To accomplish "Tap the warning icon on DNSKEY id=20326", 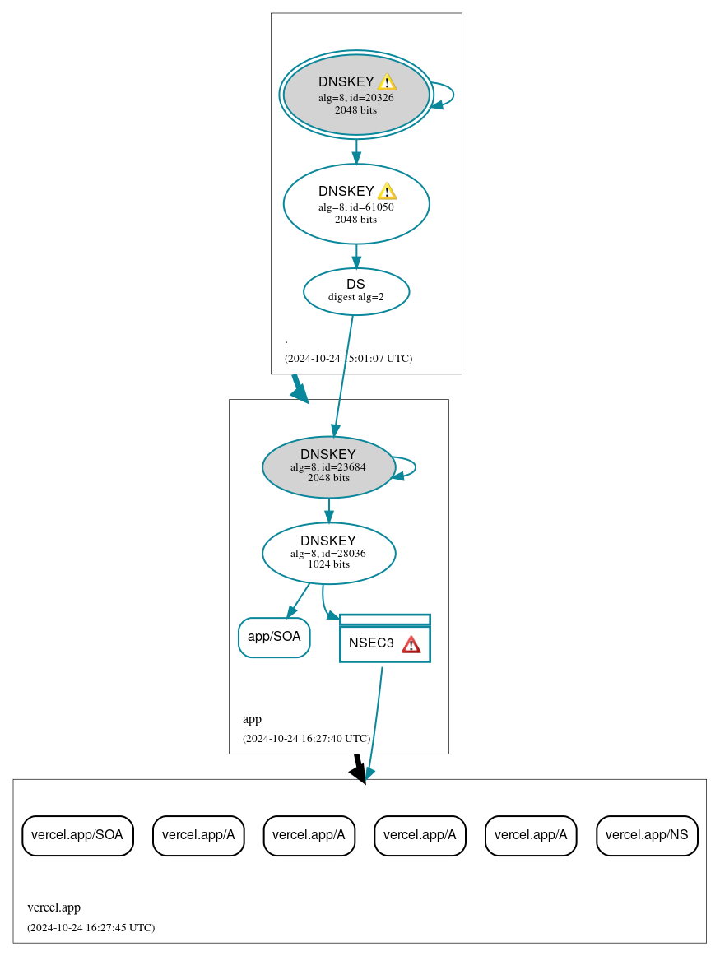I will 387,82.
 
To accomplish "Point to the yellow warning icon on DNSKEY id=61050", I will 387,192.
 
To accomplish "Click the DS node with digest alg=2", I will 355,291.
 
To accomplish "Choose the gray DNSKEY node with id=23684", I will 328,466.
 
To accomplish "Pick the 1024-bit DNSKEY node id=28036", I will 328,553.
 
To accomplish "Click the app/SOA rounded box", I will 274,637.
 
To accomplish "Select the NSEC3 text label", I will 371,643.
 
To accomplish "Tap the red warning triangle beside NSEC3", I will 411,644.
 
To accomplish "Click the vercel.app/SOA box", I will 77,835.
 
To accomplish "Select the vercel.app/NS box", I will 647,835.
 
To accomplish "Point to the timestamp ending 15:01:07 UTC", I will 348,359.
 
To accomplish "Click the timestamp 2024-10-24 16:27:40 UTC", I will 306,739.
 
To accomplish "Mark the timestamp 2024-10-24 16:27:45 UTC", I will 91,928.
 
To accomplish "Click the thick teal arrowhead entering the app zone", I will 300,393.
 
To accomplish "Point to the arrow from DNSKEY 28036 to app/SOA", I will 298,601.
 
